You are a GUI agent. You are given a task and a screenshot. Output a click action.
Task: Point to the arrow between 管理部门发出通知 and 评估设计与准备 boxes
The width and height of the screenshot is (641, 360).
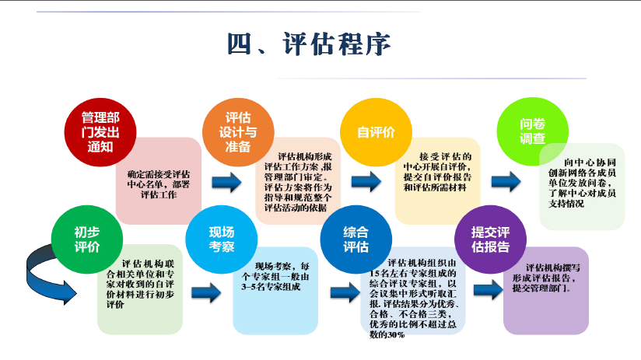(x=226, y=183)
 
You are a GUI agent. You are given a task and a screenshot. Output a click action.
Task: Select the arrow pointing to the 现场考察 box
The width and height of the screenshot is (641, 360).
(x=206, y=292)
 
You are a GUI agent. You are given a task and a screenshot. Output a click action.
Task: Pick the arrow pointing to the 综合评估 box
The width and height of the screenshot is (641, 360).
(x=343, y=292)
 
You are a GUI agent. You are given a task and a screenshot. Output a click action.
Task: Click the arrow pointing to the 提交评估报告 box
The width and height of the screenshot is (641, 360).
(x=487, y=289)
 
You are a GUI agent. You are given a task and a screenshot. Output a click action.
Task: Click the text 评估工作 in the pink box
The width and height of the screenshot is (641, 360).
(x=159, y=194)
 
